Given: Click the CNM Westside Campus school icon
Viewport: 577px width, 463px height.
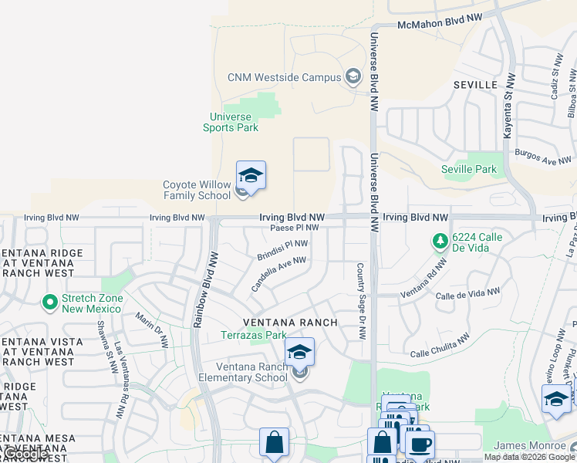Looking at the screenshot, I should pos(353,76).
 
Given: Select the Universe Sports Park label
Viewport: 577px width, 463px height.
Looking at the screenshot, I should pos(231,122).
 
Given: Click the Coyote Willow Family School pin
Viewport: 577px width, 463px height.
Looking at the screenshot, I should pos(251,177).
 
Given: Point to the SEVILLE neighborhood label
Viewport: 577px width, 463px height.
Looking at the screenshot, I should pos(475,84).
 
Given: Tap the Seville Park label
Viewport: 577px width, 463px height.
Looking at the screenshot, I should pos(469,169).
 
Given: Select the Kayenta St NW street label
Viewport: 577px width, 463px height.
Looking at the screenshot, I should pos(508,107).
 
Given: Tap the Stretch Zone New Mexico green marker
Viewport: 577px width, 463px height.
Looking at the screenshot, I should pos(51,302).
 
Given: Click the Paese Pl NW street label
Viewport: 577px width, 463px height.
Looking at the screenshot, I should pos(294,228).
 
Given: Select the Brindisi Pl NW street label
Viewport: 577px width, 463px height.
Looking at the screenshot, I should pos(282,249).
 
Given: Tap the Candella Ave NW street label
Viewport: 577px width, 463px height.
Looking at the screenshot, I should pos(278,274).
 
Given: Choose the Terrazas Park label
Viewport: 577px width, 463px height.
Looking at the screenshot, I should pos(254,335).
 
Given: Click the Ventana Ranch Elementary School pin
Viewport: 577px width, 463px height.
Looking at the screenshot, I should pos(299,356).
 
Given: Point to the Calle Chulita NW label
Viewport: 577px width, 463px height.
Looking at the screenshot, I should pos(440,346).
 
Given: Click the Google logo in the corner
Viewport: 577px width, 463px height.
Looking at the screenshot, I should pos(25,454).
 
